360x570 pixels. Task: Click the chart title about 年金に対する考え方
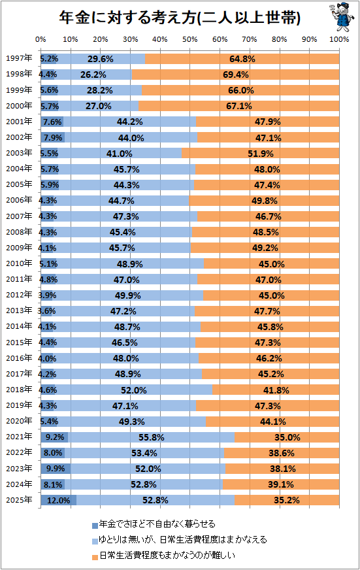click(x=180, y=18)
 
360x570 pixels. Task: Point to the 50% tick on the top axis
click(x=189, y=39)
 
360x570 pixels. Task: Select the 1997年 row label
click(x=19, y=58)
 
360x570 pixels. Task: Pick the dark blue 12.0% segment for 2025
click(x=59, y=500)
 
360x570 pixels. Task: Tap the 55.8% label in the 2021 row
click(x=151, y=437)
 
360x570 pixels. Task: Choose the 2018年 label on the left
click(x=19, y=390)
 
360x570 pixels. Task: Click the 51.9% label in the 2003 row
click(x=261, y=154)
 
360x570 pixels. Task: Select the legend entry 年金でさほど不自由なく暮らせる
click(x=154, y=524)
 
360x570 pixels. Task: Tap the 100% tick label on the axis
click(x=339, y=39)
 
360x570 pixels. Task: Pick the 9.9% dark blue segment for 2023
click(x=56, y=469)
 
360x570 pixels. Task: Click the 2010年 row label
click(x=19, y=263)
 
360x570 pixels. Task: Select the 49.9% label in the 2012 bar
click(x=128, y=295)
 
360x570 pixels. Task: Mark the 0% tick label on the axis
click(x=41, y=39)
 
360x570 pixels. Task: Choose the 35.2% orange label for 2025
click(x=287, y=500)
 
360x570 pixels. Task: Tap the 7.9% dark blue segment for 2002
click(x=53, y=138)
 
